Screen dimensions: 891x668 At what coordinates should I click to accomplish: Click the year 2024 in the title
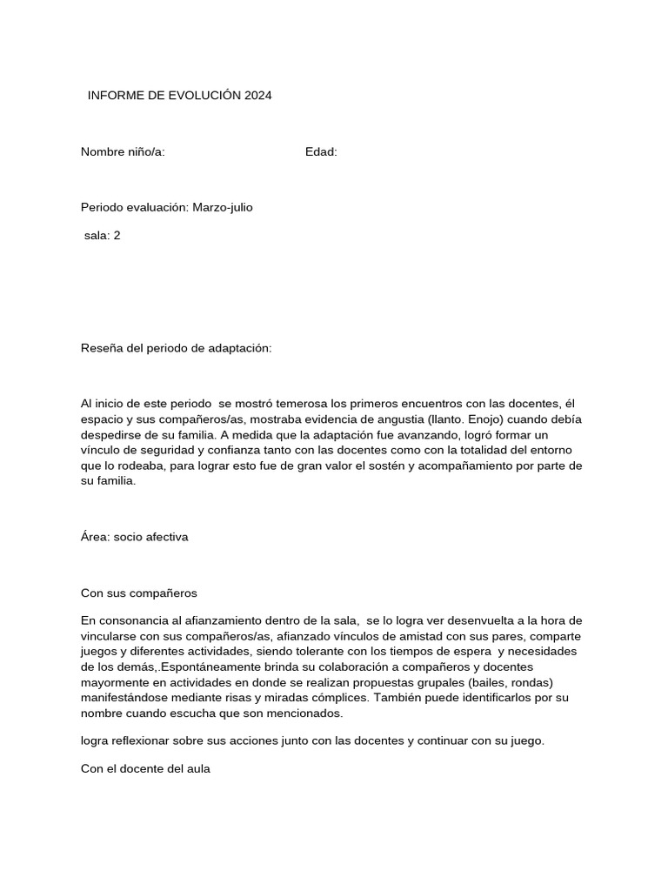coord(257,96)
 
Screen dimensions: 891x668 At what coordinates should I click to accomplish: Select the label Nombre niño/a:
coord(123,152)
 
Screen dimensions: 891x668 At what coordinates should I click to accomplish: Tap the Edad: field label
coord(321,152)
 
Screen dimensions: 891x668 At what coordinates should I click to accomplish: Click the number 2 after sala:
coord(117,235)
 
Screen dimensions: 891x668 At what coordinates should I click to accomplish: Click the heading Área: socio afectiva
coord(135,537)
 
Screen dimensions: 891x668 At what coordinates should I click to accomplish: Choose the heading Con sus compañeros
coord(139,593)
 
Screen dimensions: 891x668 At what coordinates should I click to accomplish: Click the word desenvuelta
coord(464,620)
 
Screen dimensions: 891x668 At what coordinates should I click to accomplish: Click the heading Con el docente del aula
coord(145,768)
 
